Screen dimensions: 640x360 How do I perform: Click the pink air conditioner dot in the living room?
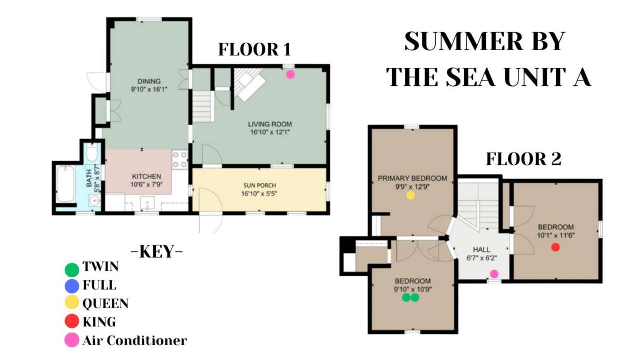pos(290,75)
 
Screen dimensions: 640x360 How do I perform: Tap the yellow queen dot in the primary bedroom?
pos(411,195)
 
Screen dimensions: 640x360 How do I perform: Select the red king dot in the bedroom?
pos(555,247)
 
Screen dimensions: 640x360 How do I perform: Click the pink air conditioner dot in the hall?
pos(494,274)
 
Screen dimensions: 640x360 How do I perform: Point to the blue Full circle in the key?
pos(71,286)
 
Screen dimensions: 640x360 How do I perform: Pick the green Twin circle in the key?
pos(71,270)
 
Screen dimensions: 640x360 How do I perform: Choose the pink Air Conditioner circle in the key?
pos(71,340)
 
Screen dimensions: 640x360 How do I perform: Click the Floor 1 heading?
pos(254,50)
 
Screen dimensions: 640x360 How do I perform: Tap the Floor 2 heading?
pos(524,159)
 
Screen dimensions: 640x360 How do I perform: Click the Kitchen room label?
pos(147,177)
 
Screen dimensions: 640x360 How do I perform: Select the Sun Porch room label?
pos(259,186)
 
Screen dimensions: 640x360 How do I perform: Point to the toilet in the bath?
pos(92,153)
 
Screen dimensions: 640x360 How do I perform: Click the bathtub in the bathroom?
pos(66,184)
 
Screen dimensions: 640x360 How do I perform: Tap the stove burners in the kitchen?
pos(180,159)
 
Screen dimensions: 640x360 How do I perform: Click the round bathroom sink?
pos(94,201)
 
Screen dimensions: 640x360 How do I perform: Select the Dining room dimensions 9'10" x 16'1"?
pos(149,90)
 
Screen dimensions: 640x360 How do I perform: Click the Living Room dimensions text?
pos(270,132)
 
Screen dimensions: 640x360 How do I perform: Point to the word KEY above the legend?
pos(157,252)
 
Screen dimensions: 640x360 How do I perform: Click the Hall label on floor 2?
pos(482,250)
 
